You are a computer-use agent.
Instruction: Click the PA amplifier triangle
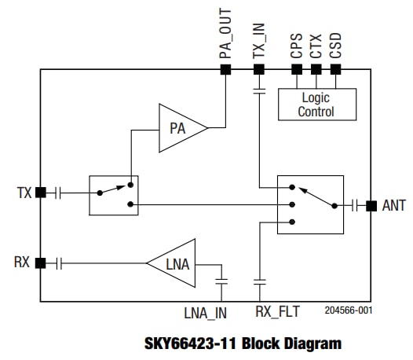[x=180, y=127]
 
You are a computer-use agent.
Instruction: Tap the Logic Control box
[x=316, y=104]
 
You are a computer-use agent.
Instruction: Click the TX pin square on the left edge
[x=40, y=192]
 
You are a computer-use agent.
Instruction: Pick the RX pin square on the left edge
[x=40, y=263]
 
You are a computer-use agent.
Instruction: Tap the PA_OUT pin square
[x=225, y=69]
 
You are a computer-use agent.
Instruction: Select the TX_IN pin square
[x=258, y=69]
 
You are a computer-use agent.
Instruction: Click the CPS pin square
[x=297, y=69]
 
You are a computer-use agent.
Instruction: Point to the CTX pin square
[x=316, y=69]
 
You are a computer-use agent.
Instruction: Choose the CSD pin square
[x=336, y=69]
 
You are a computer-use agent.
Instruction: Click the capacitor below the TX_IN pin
[x=258, y=93]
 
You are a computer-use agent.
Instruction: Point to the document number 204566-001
[x=348, y=310]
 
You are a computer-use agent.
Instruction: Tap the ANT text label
[x=394, y=206]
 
